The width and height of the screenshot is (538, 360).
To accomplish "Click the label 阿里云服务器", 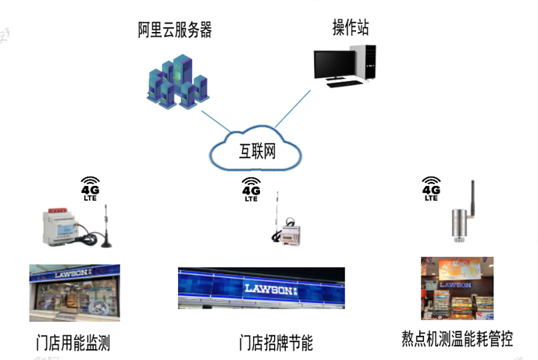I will (x=175, y=30).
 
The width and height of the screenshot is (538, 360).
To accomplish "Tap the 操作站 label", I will (x=351, y=29).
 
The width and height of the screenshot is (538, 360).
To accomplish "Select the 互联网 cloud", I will (x=258, y=148).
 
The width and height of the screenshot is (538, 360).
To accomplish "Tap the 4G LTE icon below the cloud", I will (x=251, y=190).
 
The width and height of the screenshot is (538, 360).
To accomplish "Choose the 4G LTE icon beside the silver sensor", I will (x=431, y=188).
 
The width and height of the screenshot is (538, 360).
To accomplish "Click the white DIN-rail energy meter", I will (x=68, y=223).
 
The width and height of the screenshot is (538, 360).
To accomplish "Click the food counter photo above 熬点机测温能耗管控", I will (x=457, y=289).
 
